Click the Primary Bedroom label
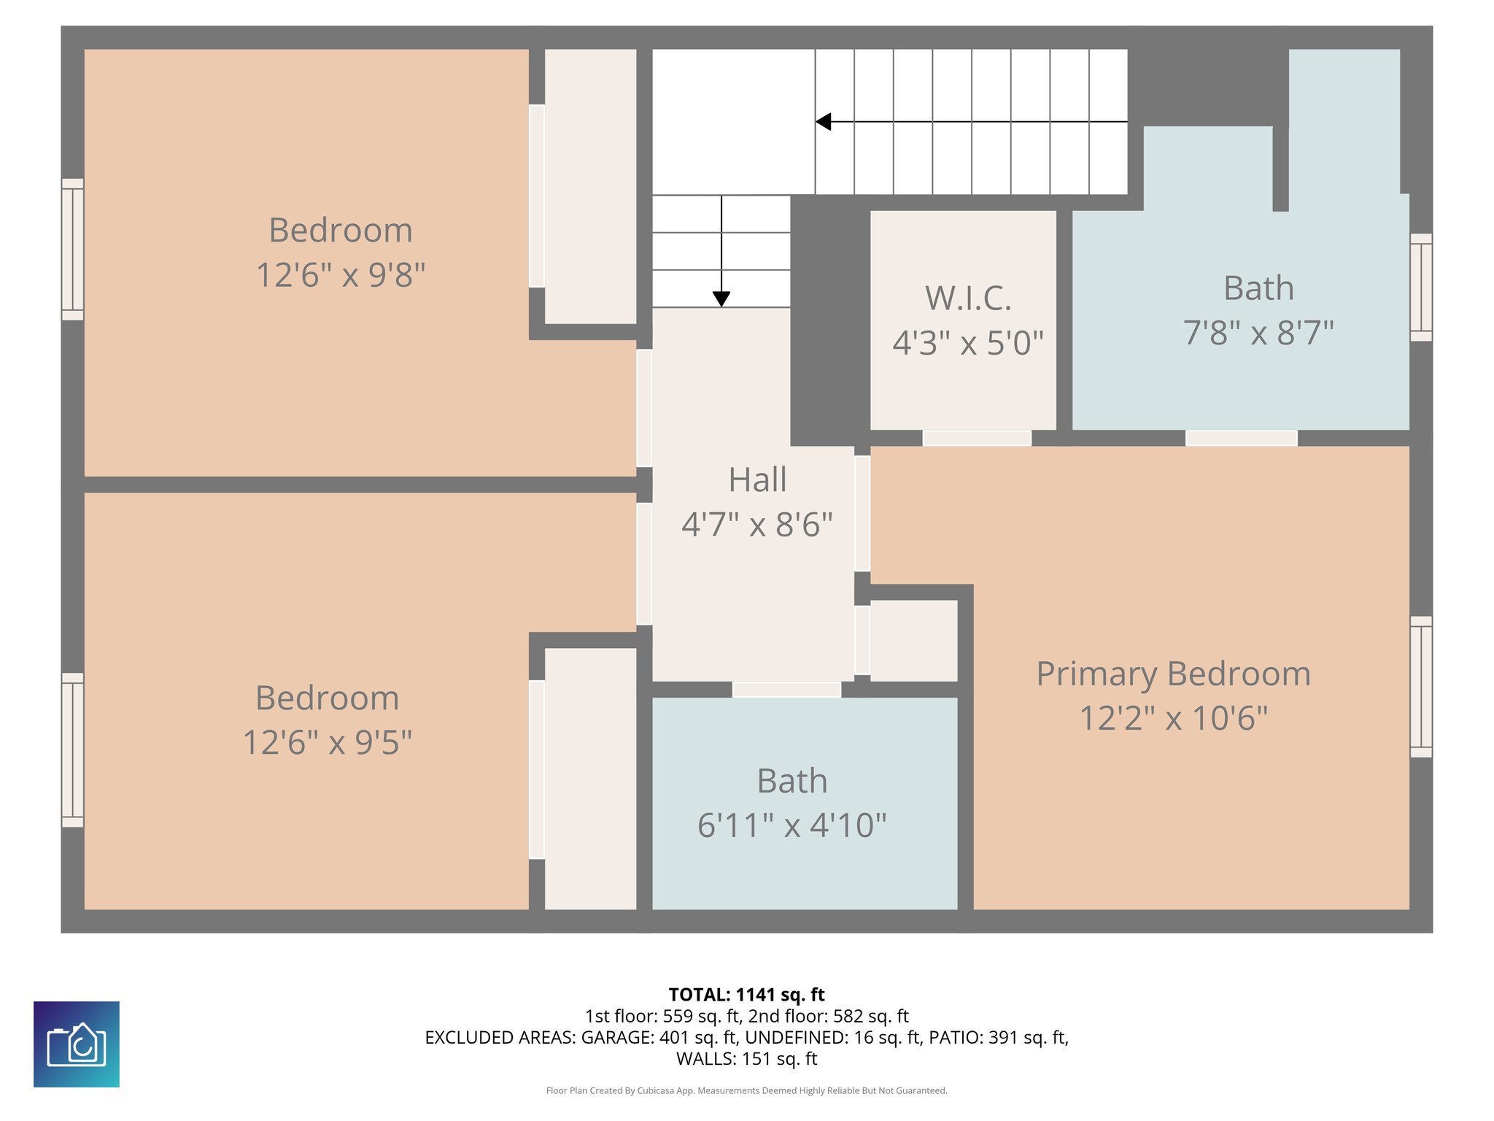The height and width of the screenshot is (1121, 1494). tap(1173, 674)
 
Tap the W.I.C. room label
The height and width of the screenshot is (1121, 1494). tap(968, 298)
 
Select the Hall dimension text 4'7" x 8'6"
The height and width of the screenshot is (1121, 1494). tap(757, 525)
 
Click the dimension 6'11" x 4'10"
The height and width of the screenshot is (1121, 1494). tap(791, 825)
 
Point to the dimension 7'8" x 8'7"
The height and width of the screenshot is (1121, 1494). tap(1258, 333)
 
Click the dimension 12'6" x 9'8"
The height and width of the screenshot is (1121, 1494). tap(341, 275)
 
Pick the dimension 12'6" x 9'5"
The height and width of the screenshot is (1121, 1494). tap(327, 743)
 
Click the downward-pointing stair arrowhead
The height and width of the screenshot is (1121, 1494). tap(721, 298)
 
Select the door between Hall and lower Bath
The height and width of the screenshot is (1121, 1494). tap(786, 689)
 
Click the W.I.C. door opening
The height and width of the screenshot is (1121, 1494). tap(977, 438)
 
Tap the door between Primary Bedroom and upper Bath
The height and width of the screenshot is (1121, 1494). tap(1241, 438)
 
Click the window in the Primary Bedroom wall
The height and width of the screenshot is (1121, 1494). tap(1420, 687)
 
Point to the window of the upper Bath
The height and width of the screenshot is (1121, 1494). tap(1420, 287)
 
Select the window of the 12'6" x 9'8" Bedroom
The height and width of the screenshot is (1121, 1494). tap(72, 249)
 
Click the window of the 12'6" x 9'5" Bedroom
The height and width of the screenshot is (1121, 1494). tap(72, 750)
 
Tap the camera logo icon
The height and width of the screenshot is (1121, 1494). tap(77, 1044)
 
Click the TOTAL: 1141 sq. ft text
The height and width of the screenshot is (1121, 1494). tap(746, 995)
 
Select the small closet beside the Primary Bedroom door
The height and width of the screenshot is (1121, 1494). tap(913, 640)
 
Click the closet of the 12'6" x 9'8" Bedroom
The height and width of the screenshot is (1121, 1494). tap(590, 186)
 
